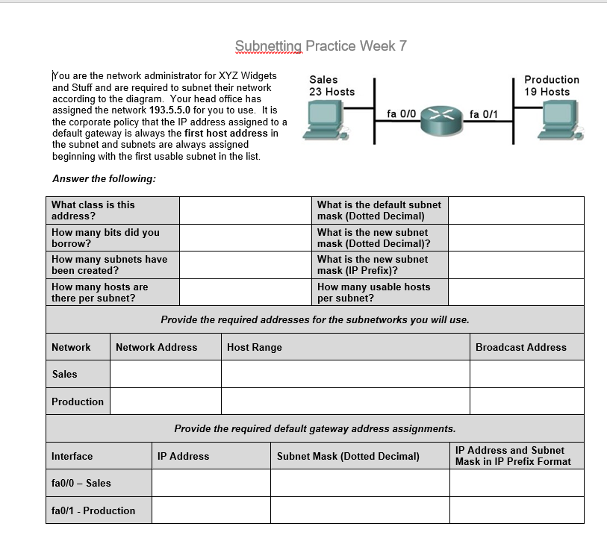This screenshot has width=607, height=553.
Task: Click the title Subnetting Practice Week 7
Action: (320, 46)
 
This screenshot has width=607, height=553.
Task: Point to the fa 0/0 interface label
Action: (401, 113)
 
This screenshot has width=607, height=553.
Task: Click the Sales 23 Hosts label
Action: (332, 86)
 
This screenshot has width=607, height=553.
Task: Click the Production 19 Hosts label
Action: (551, 86)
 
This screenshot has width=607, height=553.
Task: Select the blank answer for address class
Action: (246, 210)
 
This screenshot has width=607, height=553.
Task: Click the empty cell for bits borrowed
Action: (246, 237)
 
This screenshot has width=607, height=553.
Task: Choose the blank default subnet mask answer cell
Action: (517, 210)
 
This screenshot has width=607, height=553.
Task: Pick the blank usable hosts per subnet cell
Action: (517, 292)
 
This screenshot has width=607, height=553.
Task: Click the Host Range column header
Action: (255, 347)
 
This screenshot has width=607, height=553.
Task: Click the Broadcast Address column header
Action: (520, 347)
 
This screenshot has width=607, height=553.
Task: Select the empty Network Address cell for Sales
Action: (166, 374)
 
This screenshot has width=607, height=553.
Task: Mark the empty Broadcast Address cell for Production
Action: (526, 402)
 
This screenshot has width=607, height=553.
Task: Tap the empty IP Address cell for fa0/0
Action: (211, 483)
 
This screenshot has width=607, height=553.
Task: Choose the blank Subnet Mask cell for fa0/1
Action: (360, 510)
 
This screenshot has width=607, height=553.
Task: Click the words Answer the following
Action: (105, 178)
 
